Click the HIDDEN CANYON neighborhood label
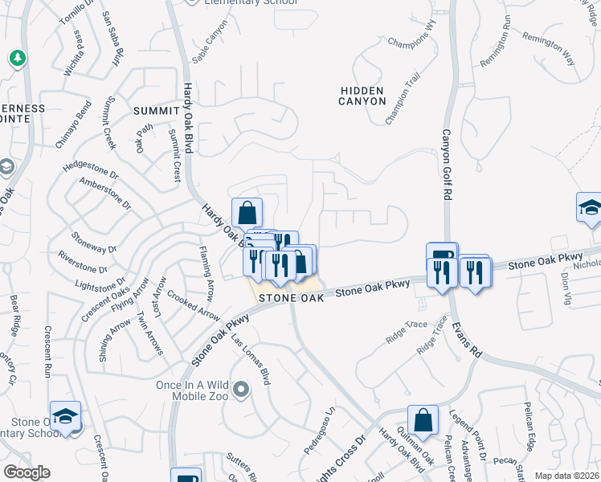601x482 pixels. [361, 96]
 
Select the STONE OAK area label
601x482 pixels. [291, 297]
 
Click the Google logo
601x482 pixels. [27, 472]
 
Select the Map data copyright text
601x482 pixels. [567, 476]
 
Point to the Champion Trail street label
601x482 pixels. [403, 100]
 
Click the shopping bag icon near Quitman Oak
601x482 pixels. [423, 420]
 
